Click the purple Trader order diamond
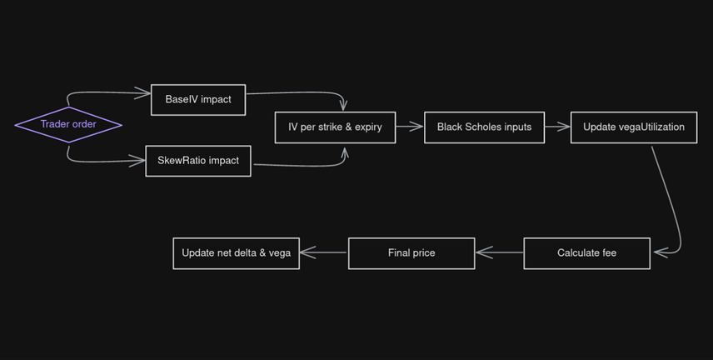coord(68,124)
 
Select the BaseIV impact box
coord(198,99)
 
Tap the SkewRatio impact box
coord(198,160)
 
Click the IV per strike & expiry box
coord(335,127)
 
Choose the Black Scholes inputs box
coord(484,127)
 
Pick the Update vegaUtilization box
coord(634,127)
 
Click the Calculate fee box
coord(586,252)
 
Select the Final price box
coord(411,252)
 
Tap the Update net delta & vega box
coord(236,252)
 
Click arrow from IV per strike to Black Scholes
coord(409,127)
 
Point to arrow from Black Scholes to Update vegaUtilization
coord(556,127)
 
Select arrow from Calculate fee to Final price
coord(500,252)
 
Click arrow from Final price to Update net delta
coord(323,252)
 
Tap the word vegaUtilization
coord(651,127)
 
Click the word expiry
coord(368,127)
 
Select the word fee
coord(609,252)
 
